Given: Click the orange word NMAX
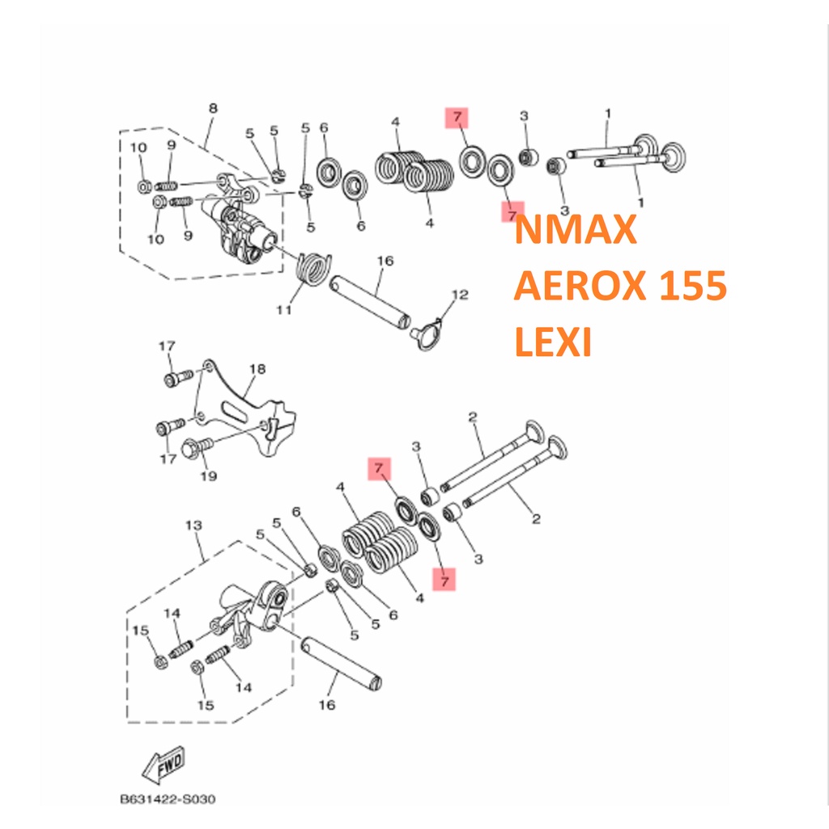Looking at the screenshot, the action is (576, 229).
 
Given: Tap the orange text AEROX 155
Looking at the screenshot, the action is (620, 286).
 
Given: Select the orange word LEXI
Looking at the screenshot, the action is (552, 342).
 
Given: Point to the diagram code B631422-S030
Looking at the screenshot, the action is (168, 799).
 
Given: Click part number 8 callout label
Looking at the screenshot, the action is (213, 108).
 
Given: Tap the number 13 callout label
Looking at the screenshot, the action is (193, 525).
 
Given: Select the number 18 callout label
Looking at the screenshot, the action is (257, 369).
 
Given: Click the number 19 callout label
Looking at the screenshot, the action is (208, 476).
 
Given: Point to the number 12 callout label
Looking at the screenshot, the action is (460, 295).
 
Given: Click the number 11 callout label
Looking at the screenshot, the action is (284, 310).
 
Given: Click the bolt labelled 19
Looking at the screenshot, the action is (197, 447).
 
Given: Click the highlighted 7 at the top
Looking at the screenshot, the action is (457, 117).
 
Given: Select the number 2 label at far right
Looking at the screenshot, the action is (536, 519).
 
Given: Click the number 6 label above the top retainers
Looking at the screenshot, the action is (324, 128).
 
